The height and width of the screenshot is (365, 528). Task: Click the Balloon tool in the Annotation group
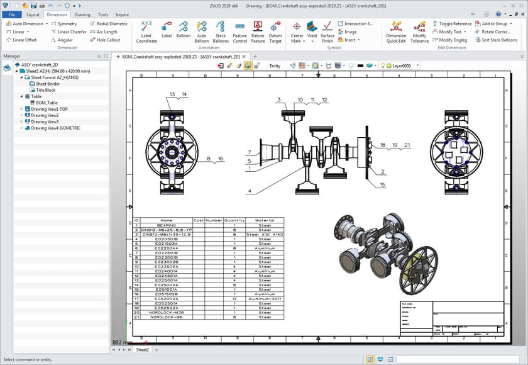183,30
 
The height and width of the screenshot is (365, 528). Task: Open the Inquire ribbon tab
122,14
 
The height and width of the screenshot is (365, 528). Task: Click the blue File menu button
11,14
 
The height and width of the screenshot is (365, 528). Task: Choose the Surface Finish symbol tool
327,30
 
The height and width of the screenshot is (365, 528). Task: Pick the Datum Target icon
275,30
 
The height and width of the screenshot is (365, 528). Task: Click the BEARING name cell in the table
166,225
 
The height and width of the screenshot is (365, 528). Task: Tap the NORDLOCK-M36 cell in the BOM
166,312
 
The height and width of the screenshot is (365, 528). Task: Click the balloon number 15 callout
382,184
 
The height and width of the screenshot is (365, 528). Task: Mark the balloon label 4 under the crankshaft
250,191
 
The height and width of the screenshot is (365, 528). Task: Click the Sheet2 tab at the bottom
142,349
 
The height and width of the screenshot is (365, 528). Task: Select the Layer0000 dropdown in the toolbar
402,65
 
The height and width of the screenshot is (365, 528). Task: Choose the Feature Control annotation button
239,30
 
